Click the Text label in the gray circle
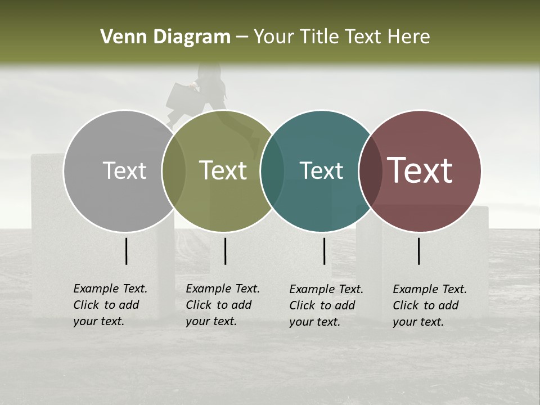[x=124, y=170]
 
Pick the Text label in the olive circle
[x=223, y=170]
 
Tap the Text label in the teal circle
[x=321, y=170]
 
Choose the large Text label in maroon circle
[x=420, y=170]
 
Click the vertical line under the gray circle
[x=127, y=251]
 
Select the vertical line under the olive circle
[x=225, y=251]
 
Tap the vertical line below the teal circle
[x=324, y=251]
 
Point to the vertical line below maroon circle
[x=419, y=251]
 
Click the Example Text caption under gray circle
[x=110, y=305]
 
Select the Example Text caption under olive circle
[x=222, y=305]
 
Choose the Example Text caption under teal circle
[x=326, y=305]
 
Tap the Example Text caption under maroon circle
[x=429, y=305]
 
